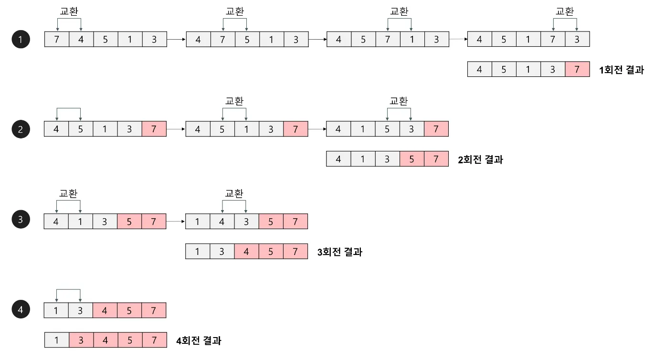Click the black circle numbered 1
click(21, 40)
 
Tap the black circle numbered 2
click(21, 129)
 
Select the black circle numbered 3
click(21, 220)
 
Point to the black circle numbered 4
click(21, 310)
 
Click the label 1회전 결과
click(622, 70)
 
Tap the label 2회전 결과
click(480, 160)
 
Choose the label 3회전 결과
click(339, 252)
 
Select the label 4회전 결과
click(199, 341)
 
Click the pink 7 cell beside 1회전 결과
click(577, 70)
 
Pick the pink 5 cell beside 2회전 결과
click(411, 159)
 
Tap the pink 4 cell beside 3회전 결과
click(246, 251)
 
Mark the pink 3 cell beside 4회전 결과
click(81, 340)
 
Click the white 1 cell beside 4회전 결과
click(57, 340)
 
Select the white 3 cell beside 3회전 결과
click(222, 251)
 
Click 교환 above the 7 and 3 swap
click(565, 11)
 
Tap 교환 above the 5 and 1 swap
click(234, 101)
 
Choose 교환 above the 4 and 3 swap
click(234, 193)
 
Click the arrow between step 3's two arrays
click(176, 222)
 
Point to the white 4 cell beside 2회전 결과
click(338, 159)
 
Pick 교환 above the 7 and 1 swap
click(399, 11)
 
